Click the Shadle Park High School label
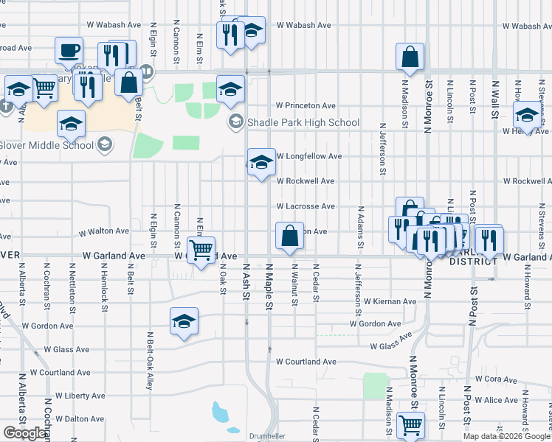pos(303,123)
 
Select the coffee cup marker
pos(69,51)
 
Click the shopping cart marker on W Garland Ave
pos(201,250)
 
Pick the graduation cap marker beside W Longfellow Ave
pos(261,163)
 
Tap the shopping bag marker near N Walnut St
pos(290,236)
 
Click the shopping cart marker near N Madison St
pos(410,424)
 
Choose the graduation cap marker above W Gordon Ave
pos(184,321)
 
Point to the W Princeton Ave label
pos(306,105)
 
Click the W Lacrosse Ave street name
pos(306,206)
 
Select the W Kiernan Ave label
pos(390,301)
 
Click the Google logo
pos(25,433)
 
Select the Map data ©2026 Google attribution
pos(506,436)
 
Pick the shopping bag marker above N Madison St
pos(410,57)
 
